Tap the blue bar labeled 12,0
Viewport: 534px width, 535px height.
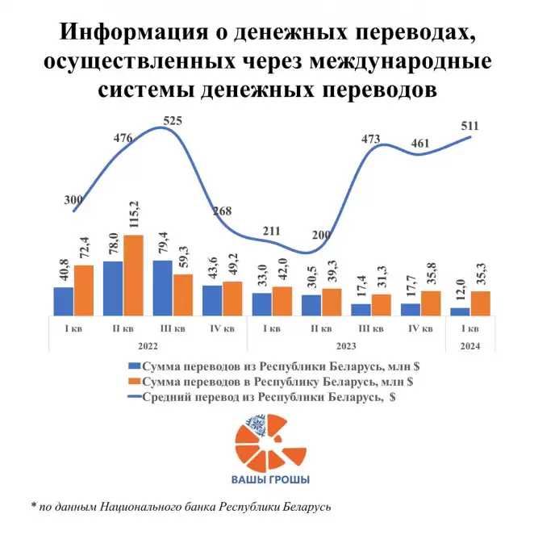pos(460,311)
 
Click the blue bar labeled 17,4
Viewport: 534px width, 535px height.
pos(361,309)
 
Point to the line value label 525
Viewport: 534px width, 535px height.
pos(173,121)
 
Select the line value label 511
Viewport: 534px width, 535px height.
pos(469,126)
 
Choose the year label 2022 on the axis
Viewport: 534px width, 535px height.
pos(147,345)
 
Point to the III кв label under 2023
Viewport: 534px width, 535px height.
pos(370,328)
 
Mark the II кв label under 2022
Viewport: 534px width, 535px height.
pos(123,328)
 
